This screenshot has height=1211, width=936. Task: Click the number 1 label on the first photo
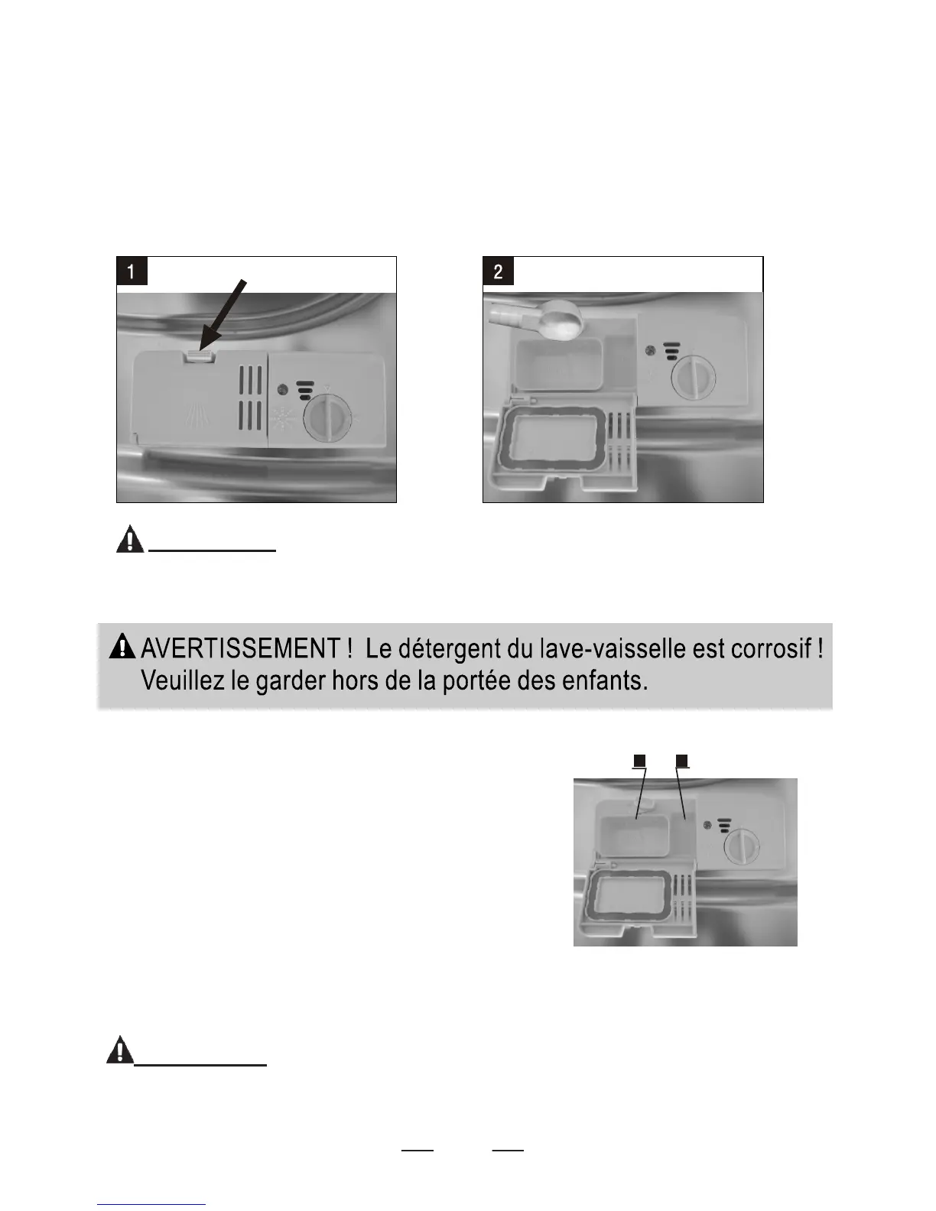pos(132,271)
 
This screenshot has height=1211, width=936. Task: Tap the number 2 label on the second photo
pos(499,271)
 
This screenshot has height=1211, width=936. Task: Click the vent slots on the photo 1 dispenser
pos(251,397)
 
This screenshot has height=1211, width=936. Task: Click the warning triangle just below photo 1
pos(130,539)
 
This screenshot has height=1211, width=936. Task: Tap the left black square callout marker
pos(640,761)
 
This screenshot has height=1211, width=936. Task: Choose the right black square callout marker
pos(683,761)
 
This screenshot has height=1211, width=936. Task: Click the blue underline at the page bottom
pos(151,1204)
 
